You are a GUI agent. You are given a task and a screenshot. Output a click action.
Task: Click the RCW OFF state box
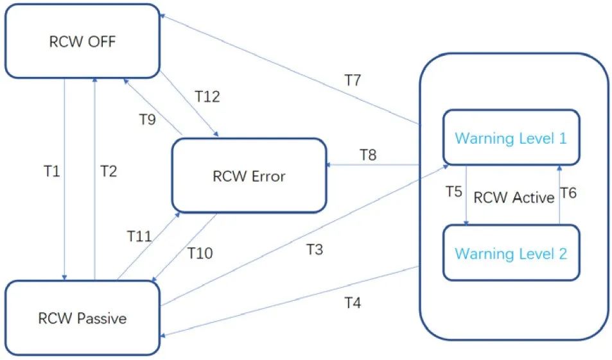pyautogui.click(x=82, y=41)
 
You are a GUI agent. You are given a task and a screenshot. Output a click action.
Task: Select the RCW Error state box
pyautogui.click(x=249, y=176)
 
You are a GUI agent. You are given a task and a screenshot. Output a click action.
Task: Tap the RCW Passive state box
pyautogui.click(x=82, y=318)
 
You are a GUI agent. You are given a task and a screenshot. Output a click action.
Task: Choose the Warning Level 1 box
pyautogui.click(x=511, y=138)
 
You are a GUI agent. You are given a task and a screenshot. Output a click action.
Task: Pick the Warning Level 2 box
pyautogui.click(x=511, y=253)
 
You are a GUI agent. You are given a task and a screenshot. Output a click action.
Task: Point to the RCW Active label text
pyautogui.click(x=514, y=198)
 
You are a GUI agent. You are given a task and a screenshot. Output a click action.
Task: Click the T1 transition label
pyautogui.click(x=52, y=171)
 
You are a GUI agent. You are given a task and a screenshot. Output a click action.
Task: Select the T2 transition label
pyautogui.click(x=109, y=171)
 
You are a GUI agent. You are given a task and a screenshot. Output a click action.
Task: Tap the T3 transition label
pyautogui.click(x=315, y=249)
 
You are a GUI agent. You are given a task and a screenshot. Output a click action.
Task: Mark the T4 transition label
pyautogui.click(x=353, y=303)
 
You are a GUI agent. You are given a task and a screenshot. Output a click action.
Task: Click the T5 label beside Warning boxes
pyautogui.click(x=454, y=191)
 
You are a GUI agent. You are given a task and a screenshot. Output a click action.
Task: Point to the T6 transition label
pyautogui.click(x=568, y=193)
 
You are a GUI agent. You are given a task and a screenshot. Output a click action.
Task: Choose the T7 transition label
pyautogui.click(x=353, y=80)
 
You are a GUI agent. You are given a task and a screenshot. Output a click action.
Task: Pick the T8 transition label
pyautogui.click(x=368, y=155)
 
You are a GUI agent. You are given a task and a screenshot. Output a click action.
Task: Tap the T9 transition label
pyautogui.click(x=148, y=119)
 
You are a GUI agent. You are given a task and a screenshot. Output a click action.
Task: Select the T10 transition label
pyautogui.click(x=200, y=253)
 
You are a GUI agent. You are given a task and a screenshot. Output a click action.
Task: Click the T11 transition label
pyautogui.click(x=139, y=236)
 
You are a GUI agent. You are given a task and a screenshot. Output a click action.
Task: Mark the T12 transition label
pyautogui.click(x=207, y=96)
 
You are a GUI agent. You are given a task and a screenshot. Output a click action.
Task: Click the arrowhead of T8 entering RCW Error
pyautogui.click(x=328, y=165)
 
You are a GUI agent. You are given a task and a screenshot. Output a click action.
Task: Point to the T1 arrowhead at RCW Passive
pyautogui.click(x=64, y=277)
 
